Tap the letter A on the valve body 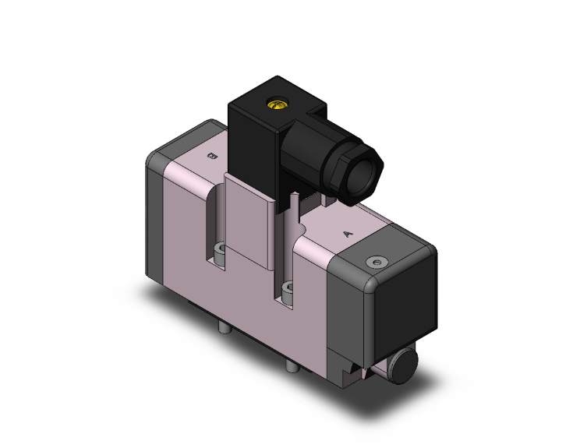coord(347,232)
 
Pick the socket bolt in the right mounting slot coord(289,291)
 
